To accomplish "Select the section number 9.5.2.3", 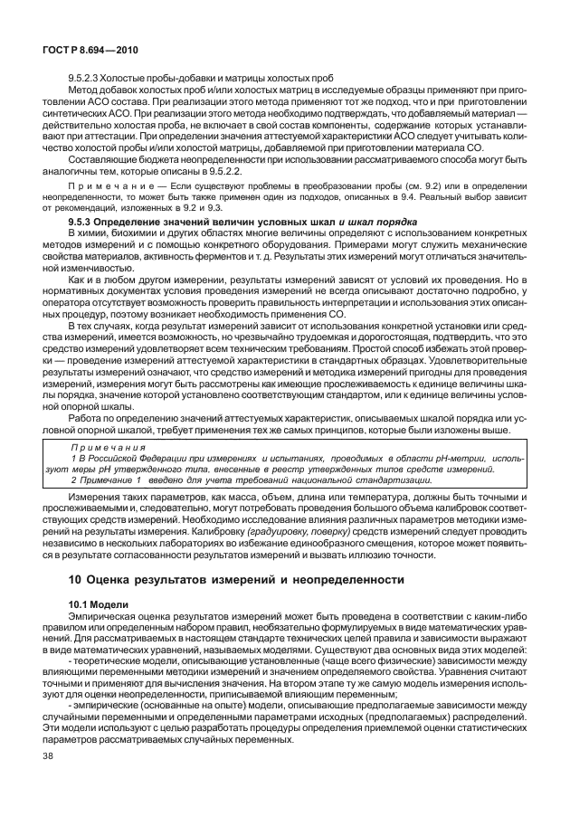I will (x=89, y=79).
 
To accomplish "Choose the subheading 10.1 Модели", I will (x=99, y=603).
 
